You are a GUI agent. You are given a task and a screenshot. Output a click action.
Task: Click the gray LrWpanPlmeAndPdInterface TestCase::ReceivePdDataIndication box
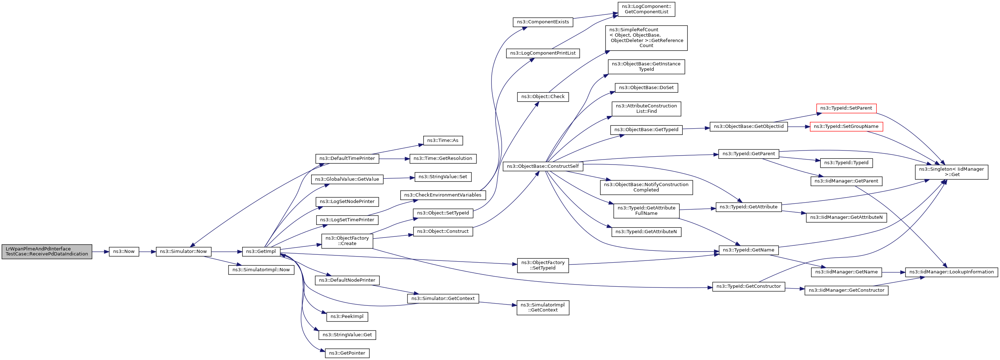click(x=47, y=251)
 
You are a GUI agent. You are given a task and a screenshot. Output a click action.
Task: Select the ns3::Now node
click(x=124, y=251)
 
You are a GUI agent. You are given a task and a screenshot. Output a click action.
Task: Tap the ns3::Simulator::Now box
click(x=184, y=251)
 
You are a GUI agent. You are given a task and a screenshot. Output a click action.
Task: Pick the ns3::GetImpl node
click(x=261, y=251)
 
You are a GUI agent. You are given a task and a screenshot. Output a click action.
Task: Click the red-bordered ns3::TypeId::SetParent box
click(x=846, y=109)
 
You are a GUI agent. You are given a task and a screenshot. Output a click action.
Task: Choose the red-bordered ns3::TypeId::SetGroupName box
click(x=846, y=126)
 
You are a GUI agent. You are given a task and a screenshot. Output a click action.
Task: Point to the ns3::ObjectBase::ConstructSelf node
click(x=543, y=167)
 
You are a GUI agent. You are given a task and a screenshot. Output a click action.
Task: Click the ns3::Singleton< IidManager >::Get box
click(x=951, y=172)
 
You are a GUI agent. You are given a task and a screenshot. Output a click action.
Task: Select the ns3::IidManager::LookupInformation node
click(x=951, y=272)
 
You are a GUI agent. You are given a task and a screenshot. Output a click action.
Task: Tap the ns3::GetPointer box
click(x=347, y=354)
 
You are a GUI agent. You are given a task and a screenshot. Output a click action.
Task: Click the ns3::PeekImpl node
click(x=347, y=317)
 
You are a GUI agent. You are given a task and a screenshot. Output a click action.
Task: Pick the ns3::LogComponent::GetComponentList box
click(x=646, y=9)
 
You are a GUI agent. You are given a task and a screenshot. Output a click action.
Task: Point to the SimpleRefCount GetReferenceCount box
click(x=646, y=38)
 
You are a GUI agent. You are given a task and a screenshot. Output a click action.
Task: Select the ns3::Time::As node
click(x=443, y=140)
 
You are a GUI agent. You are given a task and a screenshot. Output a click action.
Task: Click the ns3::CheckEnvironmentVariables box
click(x=443, y=195)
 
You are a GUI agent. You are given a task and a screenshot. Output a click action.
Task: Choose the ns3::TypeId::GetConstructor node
click(x=748, y=287)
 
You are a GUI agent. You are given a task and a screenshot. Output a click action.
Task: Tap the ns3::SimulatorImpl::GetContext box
click(x=543, y=308)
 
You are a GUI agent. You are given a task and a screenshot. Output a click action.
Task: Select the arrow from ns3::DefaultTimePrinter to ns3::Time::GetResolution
click(x=395, y=159)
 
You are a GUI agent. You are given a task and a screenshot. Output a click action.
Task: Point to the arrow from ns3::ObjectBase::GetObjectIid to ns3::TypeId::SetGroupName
click(x=798, y=126)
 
